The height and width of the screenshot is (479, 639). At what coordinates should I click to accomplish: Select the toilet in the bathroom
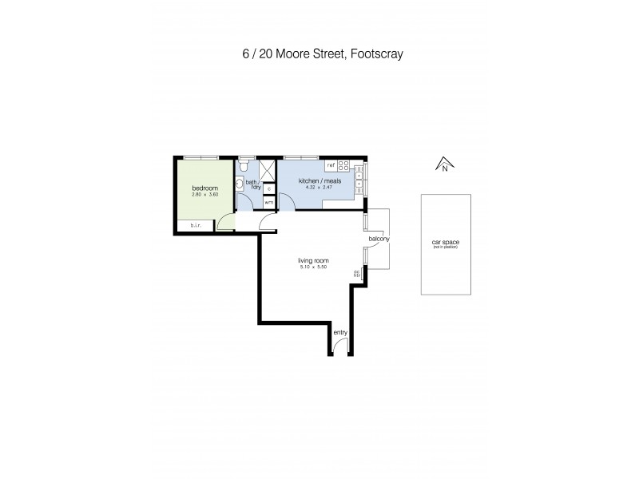coord(244,168)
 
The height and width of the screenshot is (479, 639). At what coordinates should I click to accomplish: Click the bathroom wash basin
coord(239,183)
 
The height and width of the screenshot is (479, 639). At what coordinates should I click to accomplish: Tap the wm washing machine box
coord(268,203)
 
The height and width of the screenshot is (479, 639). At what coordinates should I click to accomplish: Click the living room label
coord(314,260)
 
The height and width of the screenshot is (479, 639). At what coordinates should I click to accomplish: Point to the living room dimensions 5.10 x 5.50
coord(314,267)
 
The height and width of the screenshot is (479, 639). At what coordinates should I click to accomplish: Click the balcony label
coord(378,239)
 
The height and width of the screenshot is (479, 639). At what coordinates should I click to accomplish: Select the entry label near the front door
coord(340,331)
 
